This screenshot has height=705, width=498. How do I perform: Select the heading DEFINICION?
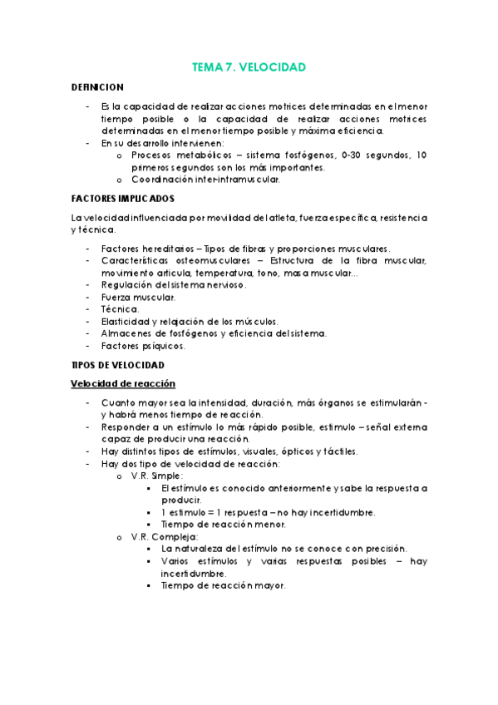97,86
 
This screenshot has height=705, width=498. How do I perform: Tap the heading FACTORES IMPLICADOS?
122,199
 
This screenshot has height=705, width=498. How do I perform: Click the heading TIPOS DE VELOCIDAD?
117,365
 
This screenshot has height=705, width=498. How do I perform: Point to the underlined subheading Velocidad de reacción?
121,383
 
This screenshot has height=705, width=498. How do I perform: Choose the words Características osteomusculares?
171,261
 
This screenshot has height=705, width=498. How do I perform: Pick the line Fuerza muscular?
138,297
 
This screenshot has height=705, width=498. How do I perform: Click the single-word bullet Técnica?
120,309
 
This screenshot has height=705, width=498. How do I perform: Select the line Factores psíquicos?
142,345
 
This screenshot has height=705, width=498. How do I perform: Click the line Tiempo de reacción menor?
223,525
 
